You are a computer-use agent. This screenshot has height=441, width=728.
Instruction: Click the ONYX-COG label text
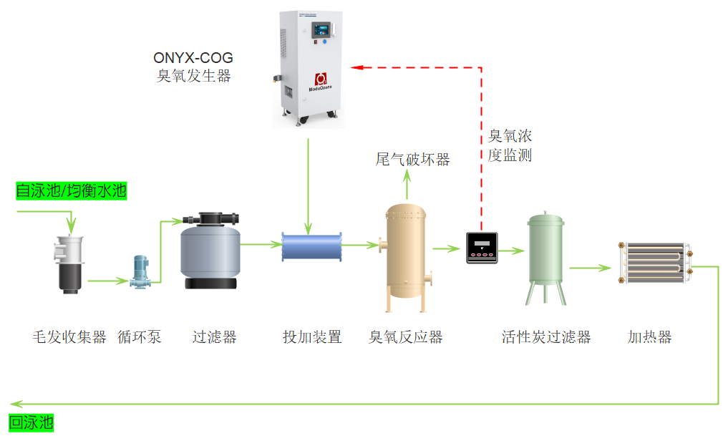coord(193,58)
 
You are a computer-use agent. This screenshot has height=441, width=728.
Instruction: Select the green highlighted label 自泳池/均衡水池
coord(71,191)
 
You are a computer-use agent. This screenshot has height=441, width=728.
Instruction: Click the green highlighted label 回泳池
coord(31,422)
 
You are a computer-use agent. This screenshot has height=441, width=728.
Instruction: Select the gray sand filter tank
coord(210,251)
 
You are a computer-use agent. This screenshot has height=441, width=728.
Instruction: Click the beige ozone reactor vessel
coord(407,258)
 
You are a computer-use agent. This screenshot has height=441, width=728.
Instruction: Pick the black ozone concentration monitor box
coord(481,248)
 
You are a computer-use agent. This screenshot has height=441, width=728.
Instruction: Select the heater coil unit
coord(654,263)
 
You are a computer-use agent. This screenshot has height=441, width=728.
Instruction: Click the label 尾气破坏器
coord(412,159)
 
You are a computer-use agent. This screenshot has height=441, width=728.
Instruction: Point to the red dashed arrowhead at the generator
coord(356,67)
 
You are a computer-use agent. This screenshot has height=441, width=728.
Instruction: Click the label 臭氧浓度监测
coord(510,145)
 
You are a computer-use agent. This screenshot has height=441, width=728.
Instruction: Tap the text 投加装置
coord(312,336)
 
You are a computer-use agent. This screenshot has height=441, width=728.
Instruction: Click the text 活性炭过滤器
coord(546,336)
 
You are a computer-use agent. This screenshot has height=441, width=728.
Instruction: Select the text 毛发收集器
coord(69,336)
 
